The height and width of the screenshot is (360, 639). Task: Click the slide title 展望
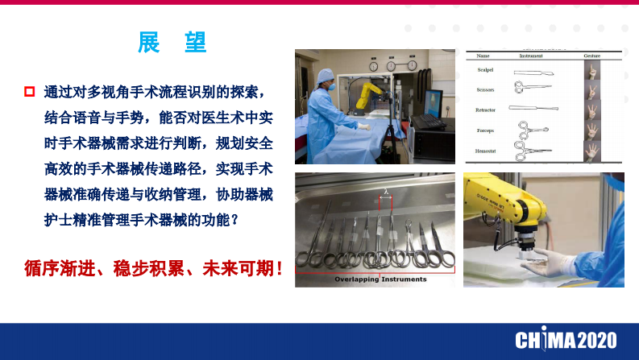click(172, 43)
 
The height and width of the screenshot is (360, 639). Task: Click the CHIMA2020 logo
click(566, 339)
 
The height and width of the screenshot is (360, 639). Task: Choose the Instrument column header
click(529, 56)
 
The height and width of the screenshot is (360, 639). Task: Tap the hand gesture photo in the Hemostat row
click(593, 150)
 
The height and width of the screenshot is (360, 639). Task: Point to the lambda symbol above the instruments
click(385, 192)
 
